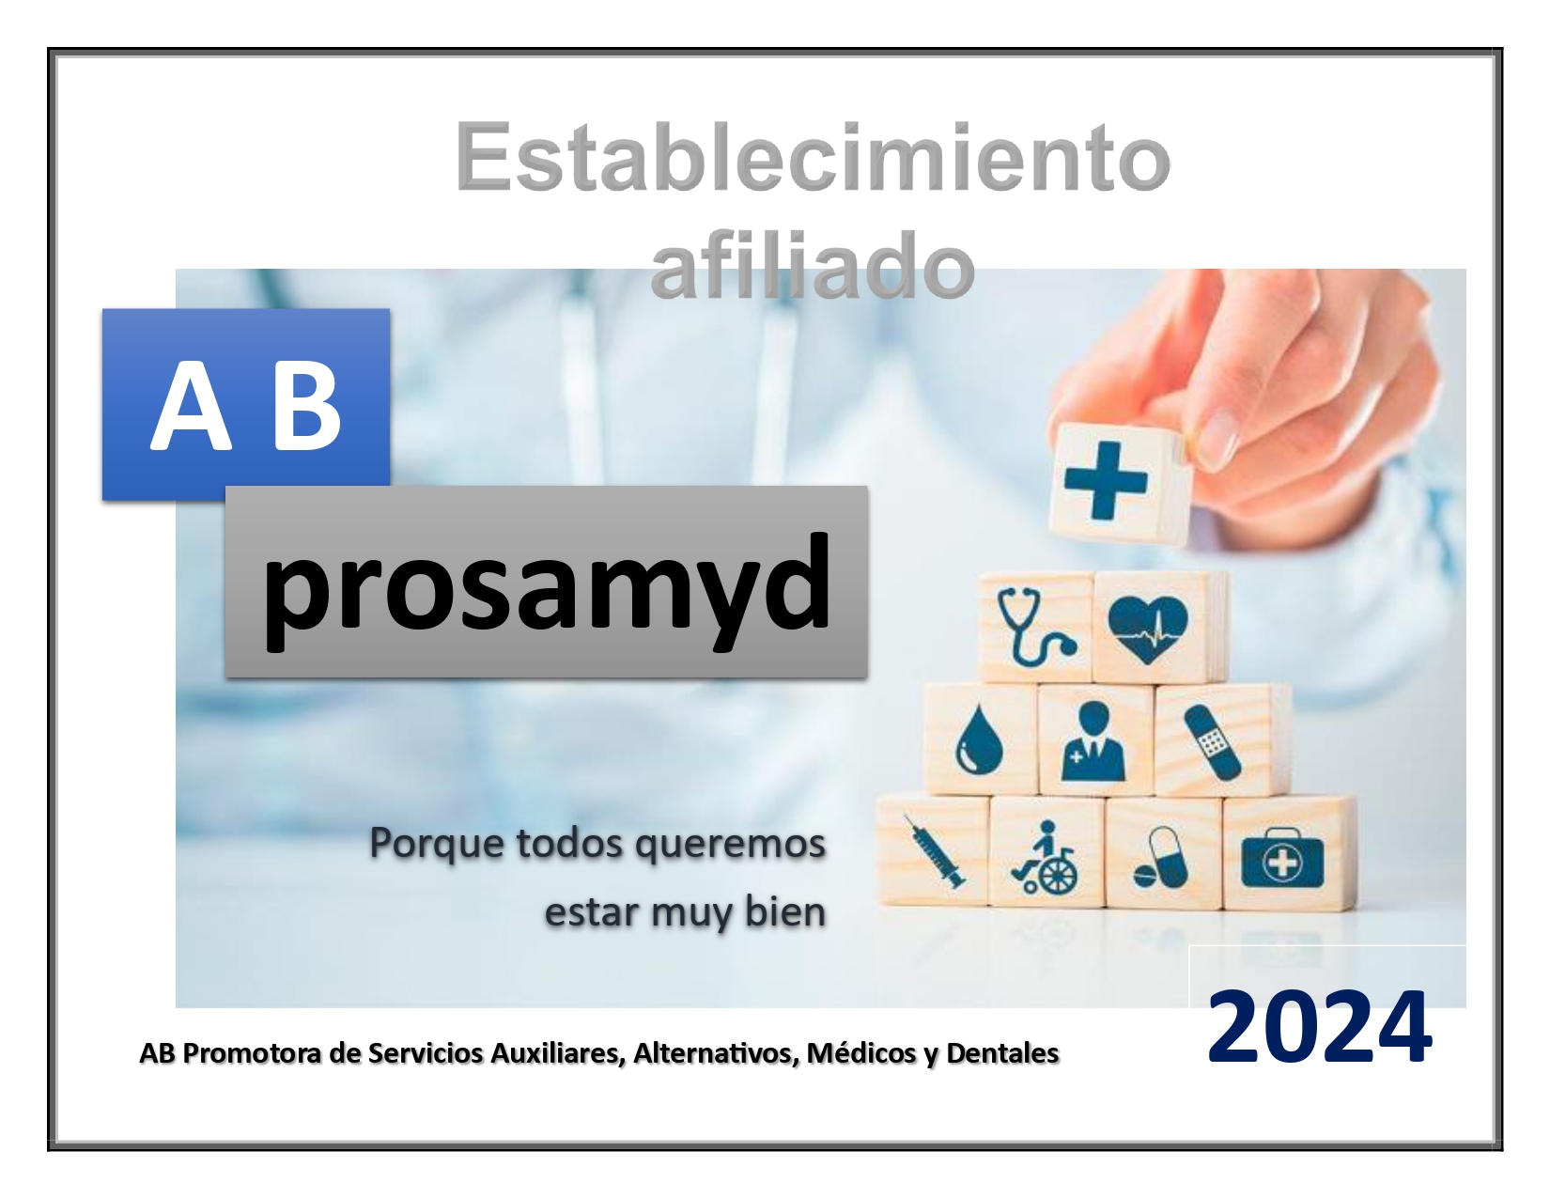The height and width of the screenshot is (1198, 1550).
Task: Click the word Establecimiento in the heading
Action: click(x=813, y=157)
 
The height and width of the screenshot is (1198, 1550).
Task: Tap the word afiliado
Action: click(x=813, y=265)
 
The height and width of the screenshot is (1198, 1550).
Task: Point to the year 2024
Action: click(x=1319, y=1028)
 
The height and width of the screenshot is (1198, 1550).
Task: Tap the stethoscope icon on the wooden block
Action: click(x=1036, y=627)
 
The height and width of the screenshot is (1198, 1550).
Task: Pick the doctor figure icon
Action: click(x=1093, y=741)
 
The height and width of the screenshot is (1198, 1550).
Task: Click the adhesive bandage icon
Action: click(x=1212, y=742)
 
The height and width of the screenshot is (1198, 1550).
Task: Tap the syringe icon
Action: click(x=935, y=851)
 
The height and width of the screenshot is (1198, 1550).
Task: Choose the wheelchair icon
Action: click(x=1045, y=857)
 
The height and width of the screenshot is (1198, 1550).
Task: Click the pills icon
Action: click(x=1160, y=858)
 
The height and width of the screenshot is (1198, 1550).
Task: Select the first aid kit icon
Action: click(x=1282, y=858)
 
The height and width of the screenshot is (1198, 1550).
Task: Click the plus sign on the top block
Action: click(x=1106, y=480)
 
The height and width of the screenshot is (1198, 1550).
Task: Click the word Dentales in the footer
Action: click(x=1002, y=1053)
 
